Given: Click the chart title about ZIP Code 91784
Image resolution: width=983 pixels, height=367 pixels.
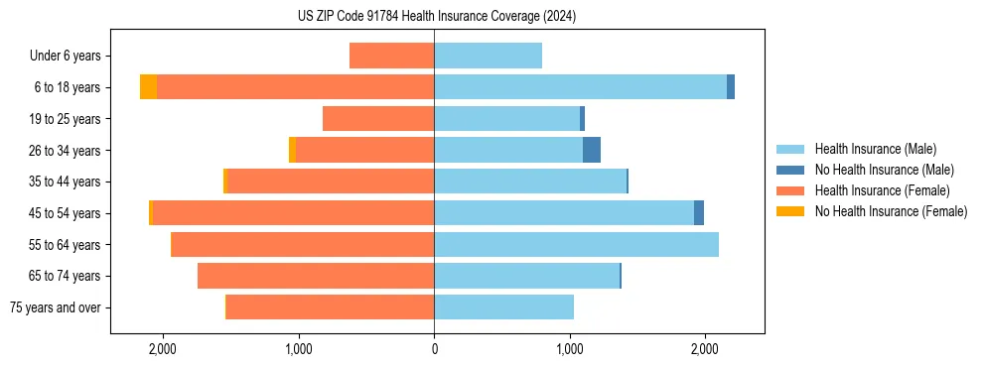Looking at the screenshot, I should pos(436,17).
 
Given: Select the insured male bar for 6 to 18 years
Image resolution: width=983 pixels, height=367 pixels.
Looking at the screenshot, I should pos(580,87).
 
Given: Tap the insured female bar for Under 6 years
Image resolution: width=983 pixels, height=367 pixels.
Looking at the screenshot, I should pos(391,56).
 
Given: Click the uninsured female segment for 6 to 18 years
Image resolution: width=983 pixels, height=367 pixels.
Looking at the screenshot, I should pos(148,87).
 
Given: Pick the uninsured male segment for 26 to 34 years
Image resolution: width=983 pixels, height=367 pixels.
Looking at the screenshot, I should pos(592,150).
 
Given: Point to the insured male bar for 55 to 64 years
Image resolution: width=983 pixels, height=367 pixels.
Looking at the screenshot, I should pos(576,244).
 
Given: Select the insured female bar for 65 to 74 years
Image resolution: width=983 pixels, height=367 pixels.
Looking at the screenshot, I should pos(316,276).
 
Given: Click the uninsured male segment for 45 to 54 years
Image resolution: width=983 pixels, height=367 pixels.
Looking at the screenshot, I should pos(699,212).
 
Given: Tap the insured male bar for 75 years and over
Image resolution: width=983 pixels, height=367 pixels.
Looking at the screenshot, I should pos(503,307).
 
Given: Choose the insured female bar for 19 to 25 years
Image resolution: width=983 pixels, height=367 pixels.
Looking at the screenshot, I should pos(378,119).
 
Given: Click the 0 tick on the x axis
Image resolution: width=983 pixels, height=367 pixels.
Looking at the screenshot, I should pos(434,349).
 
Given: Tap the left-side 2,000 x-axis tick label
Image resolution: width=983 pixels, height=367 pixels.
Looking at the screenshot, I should pos(162,349).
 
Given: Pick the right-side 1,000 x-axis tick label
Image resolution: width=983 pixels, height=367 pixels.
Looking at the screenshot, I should pos(570,349).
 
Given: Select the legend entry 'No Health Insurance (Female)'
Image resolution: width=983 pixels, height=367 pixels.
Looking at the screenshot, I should pos(891,211).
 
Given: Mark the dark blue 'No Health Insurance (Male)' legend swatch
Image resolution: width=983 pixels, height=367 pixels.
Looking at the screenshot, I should pos(790,170).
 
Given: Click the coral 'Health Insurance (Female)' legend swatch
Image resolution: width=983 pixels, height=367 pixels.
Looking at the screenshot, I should pos(790,190).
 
